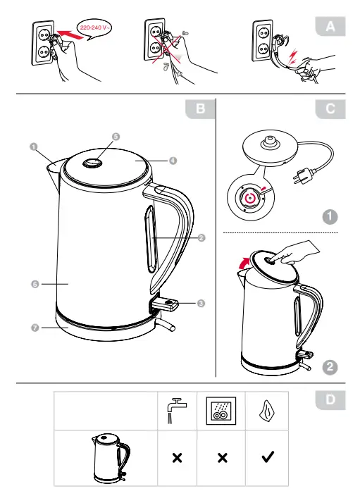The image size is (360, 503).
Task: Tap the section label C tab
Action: [x=331, y=108]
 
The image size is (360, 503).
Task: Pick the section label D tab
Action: [x=331, y=400]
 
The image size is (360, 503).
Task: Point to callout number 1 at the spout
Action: [x=33, y=147]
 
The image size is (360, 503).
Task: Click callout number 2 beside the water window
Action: [x=201, y=238]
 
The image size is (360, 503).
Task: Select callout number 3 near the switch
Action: [x=201, y=304]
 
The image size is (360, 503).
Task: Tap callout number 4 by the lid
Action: [x=173, y=160]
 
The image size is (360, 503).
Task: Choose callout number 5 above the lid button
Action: [x=116, y=136]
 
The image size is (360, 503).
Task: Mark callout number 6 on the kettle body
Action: [x=34, y=284]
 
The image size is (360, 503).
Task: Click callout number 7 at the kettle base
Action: [x=34, y=327]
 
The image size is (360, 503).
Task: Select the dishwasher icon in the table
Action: [x=221, y=410]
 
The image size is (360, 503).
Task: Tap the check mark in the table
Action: [x=268, y=457]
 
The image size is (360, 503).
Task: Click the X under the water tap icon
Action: [x=176, y=458]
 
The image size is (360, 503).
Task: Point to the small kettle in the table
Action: [x=110, y=457]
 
